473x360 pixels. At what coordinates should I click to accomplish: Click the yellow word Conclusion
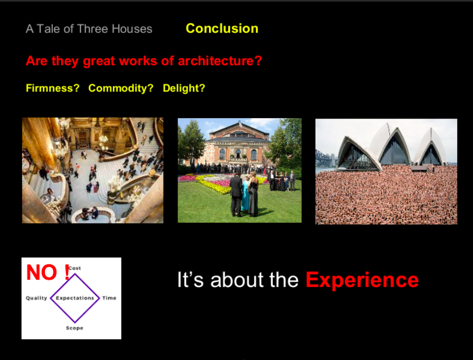[222, 29]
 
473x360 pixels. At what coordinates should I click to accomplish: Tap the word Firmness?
[53, 88]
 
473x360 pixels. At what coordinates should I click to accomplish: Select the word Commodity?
[121, 88]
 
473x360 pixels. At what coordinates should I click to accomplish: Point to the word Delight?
[184, 88]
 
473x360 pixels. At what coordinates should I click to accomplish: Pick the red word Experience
[362, 281]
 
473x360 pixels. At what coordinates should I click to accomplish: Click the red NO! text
[48, 272]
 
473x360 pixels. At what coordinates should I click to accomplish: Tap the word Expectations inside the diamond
[75, 298]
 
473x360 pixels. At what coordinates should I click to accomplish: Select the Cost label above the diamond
[75, 268]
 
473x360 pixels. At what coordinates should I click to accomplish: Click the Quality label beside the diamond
[37, 298]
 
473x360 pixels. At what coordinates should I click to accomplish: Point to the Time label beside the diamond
[109, 298]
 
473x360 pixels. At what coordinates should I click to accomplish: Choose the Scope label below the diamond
[75, 328]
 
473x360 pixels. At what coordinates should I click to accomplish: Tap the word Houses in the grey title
[132, 29]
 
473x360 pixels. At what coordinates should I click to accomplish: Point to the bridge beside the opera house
[326, 158]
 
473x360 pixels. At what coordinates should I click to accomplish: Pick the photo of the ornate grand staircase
[93, 170]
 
